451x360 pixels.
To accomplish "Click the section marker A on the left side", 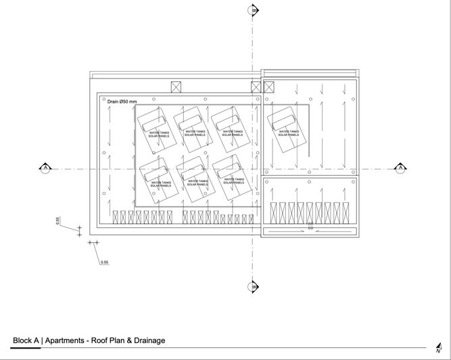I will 45,167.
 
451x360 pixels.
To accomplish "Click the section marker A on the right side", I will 400,167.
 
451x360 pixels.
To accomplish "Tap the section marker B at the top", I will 254,10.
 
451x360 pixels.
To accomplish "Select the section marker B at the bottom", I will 254,286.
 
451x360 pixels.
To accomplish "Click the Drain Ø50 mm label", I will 122,102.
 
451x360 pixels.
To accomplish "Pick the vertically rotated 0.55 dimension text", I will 58,221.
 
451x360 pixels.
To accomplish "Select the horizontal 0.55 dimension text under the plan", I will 104,261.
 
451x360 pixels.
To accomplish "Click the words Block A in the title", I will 26,340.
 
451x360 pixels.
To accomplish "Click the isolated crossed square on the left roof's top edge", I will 177,87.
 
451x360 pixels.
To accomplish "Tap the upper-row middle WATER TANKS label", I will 195,132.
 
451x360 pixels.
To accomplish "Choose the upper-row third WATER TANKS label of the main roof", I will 233,132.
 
